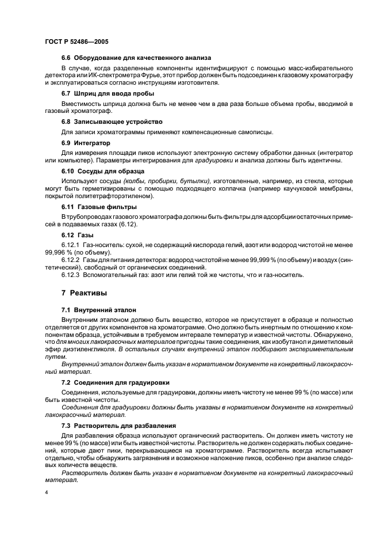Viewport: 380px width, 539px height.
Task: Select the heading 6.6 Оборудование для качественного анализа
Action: point(136,58)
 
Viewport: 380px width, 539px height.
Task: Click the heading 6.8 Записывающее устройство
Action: point(112,122)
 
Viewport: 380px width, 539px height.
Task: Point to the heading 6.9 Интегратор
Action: point(86,142)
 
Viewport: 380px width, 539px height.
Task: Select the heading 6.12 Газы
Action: point(77,235)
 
